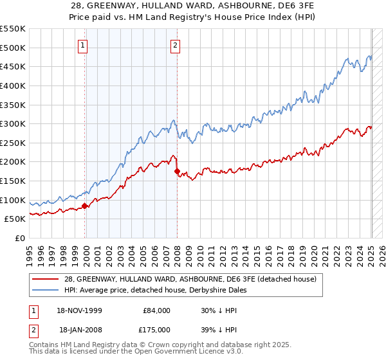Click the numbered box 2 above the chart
tap(175, 45)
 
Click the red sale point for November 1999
tap(85, 206)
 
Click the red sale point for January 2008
tap(177, 171)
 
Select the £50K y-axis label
tap(15, 219)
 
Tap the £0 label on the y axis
tap(19, 238)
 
